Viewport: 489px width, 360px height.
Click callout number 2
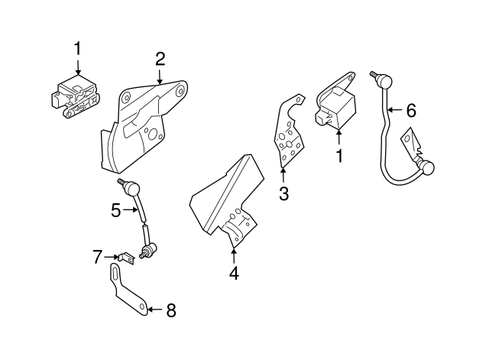(160, 58)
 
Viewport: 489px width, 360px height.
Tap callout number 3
(283, 193)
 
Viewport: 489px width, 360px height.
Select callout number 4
(234, 272)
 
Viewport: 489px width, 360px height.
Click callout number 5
(116, 209)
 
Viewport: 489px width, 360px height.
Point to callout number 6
(411, 111)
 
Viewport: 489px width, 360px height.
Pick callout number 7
(97, 257)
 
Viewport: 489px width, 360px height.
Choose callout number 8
(170, 310)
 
